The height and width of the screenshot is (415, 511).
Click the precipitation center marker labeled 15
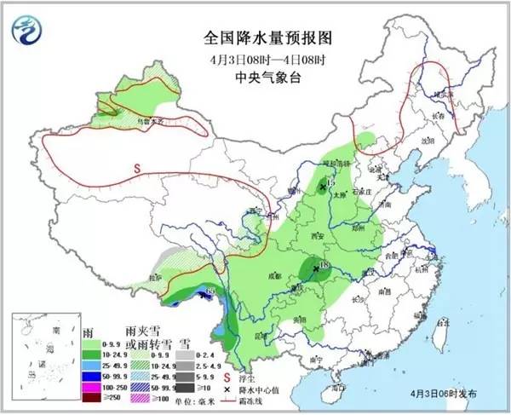coord(323,185)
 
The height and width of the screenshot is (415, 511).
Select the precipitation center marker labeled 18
coord(315,267)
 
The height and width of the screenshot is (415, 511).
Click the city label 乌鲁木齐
coord(150,122)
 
